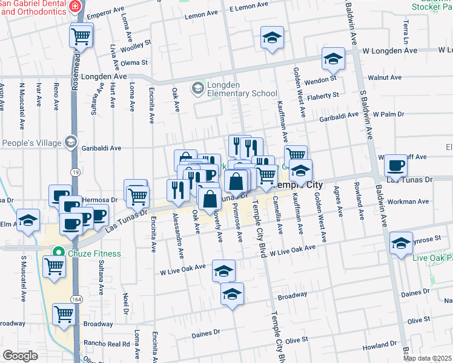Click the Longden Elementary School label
242,90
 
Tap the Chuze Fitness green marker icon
59,253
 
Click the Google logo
21,356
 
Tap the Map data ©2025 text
427,358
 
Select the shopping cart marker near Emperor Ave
81,37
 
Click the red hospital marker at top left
74,6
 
